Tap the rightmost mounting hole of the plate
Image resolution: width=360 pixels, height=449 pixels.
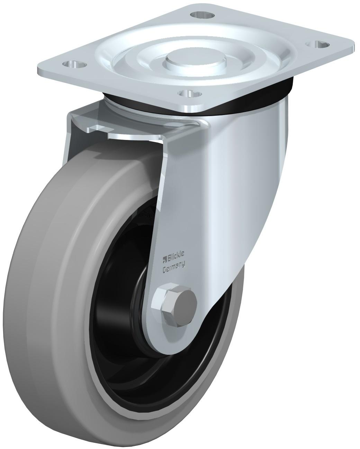point(317,44)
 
